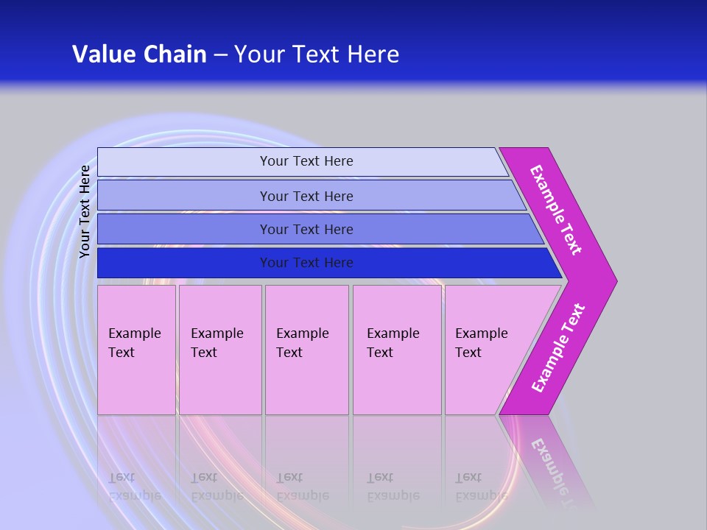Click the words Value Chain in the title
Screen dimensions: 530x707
pos(139,54)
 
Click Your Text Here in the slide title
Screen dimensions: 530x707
pos(317,54)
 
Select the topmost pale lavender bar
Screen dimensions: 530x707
pos(184,162)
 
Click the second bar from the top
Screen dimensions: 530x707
pos(184,196)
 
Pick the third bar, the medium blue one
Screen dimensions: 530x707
pos(184,229)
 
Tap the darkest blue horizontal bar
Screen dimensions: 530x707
pos(184,263)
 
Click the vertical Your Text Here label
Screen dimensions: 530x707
pos(85,211)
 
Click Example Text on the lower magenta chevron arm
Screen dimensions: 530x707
pos(557,348)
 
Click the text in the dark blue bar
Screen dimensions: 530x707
pos(306,263)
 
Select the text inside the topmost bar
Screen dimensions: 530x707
pos(306,161)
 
